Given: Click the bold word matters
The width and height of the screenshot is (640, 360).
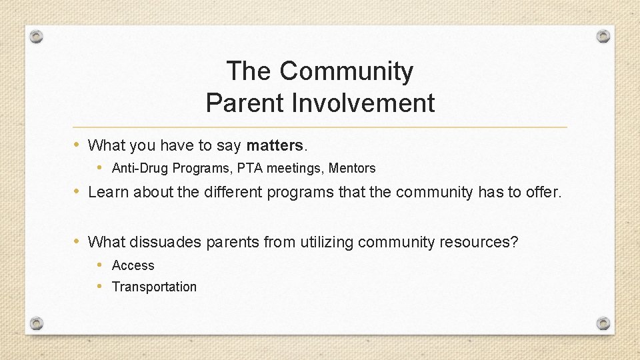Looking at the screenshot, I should click(275, 145).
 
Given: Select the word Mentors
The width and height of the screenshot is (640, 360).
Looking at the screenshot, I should click(352, 168).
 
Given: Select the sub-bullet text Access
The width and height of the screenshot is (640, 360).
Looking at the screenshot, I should click(133, 265).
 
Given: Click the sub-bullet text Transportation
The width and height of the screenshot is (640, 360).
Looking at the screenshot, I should click(154, 287).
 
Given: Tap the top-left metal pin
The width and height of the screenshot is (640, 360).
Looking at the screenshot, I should click(37, 36).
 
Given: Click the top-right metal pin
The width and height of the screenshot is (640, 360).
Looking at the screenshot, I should click(603, 36).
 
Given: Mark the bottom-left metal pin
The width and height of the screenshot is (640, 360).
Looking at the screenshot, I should click(37, 323).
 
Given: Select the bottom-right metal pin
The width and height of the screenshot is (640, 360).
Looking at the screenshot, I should click(603, 323).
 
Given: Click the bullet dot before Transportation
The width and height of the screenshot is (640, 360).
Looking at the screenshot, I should click(99, 287).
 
